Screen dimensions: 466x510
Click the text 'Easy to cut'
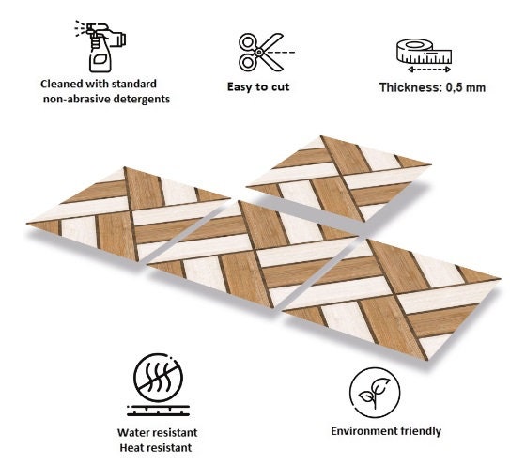[x=258, y=87]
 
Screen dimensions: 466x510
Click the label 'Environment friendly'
[x=386, y=432]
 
